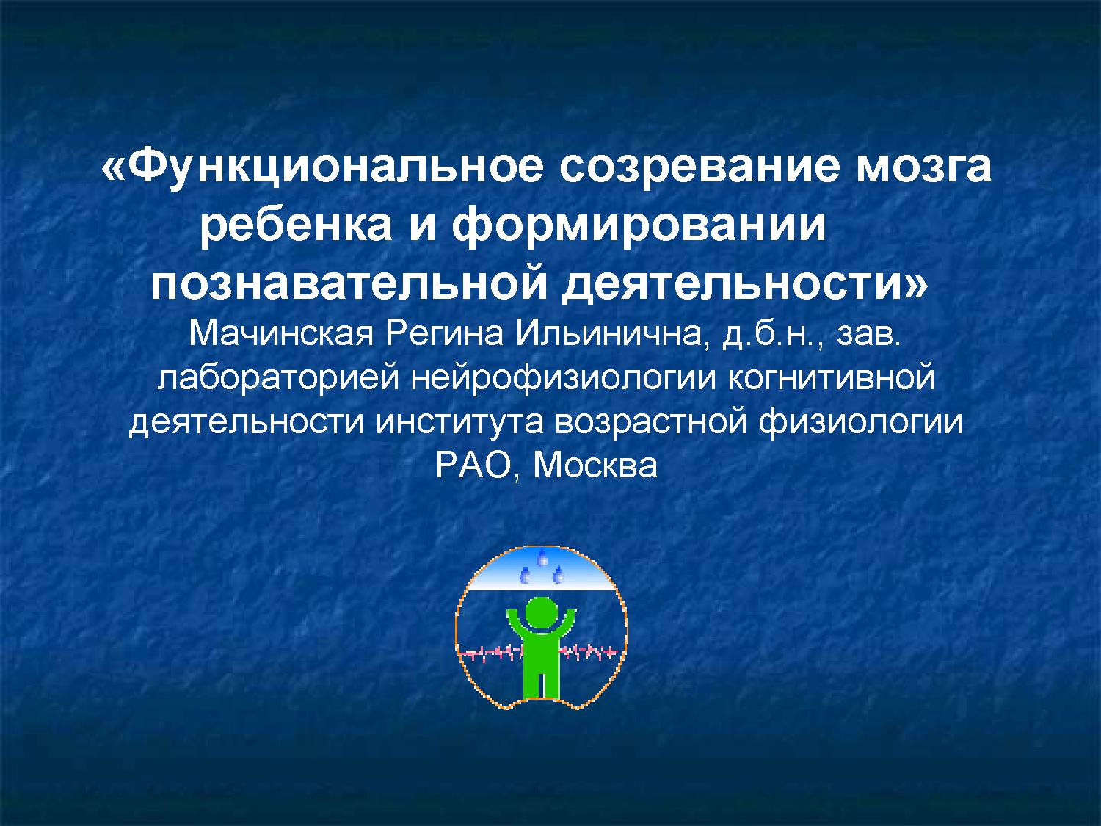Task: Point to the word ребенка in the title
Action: click(296, 225)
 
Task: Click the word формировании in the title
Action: click(639, 225)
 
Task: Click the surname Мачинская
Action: click(282, 336)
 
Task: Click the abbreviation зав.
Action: click(868, 336)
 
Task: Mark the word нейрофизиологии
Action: click(559, 379)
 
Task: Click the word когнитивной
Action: click(829, 379)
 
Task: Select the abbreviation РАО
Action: click(476, 466)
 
